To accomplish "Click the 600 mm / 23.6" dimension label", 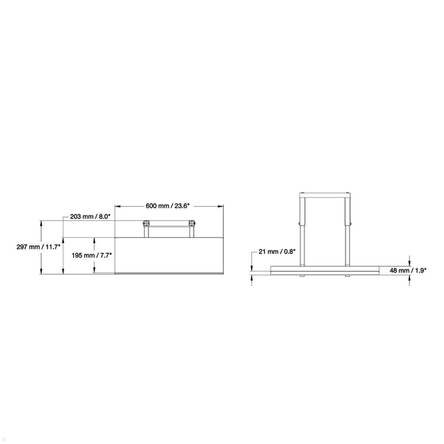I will (169, 206).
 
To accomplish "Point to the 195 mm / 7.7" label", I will (92, 255).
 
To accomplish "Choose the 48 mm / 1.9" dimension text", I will (408, 270).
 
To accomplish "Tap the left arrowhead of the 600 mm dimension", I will (117, 206).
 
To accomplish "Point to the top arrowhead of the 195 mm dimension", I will (95, 240).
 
